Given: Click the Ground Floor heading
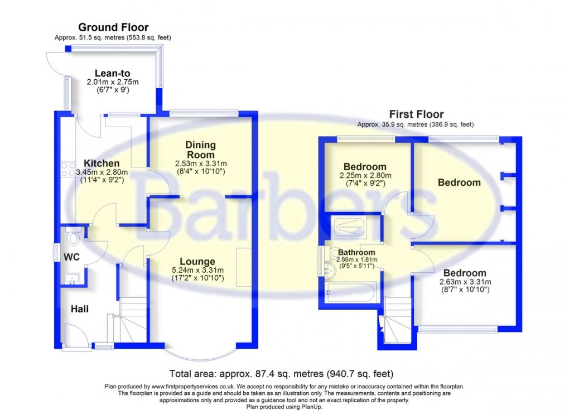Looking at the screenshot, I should [x=113, y=27].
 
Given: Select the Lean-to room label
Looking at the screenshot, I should [x=112, y=73].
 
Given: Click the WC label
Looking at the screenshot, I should [x=71, y=257].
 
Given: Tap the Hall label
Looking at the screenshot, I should [x=79, y=309].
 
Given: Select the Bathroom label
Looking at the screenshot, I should [x=356, y=252].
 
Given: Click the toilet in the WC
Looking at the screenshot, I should [x=73, y=238].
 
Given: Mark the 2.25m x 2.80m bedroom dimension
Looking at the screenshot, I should [x=365, y=176].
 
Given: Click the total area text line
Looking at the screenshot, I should [x=284, y=374].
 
